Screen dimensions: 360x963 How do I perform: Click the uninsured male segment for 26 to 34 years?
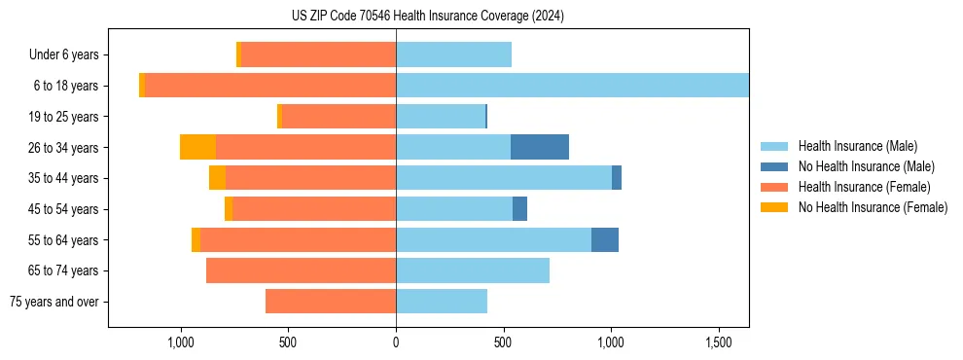pos(540,147)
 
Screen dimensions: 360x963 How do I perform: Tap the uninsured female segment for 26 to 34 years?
pos(197,147)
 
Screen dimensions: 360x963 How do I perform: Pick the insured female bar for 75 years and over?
pos(331,302)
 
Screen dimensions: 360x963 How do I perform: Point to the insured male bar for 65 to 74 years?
pos(473,270)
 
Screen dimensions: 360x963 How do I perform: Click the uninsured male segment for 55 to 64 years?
pos(605,239)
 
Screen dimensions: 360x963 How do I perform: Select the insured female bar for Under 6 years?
pos(318,54)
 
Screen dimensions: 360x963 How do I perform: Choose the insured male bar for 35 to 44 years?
pos(504,178)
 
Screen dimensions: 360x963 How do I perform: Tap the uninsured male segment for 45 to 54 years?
pos(519,209)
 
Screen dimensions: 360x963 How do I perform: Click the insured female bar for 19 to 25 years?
pos(339,117)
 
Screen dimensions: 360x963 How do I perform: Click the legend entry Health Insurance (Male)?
pos(857,146)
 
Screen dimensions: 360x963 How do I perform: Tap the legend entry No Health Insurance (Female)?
pos(873,207)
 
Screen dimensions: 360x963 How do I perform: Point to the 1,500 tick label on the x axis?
pos(718,343)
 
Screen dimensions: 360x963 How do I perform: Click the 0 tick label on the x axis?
pos(396,343)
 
